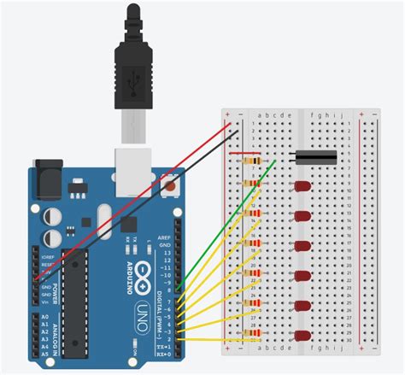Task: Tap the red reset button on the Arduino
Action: pos(174,184)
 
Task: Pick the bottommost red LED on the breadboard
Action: pos(302,336)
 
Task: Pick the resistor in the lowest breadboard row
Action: pos(254,335)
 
